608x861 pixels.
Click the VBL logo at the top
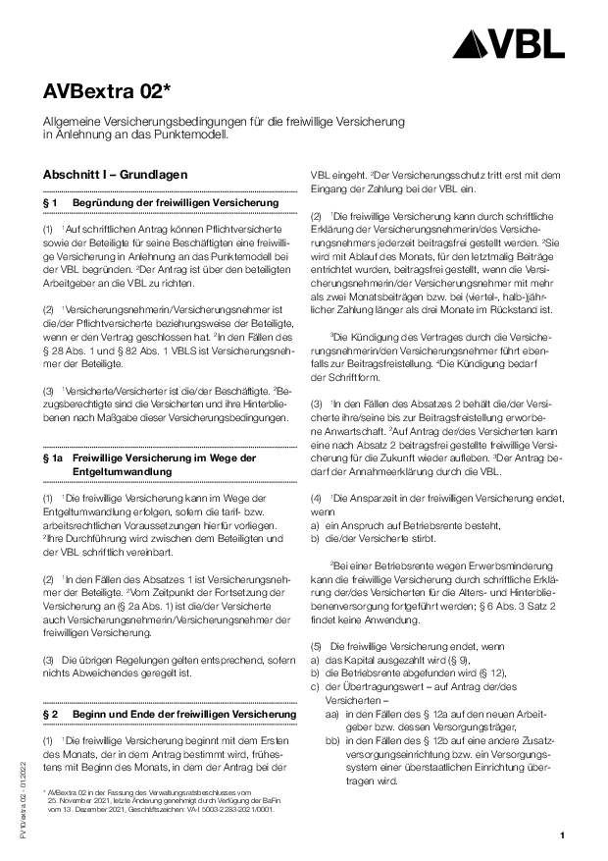click(514, 42)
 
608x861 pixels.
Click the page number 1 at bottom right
click(563, 835)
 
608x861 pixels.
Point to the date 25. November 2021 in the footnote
click(81, 797)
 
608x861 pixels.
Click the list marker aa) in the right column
click(331, 715)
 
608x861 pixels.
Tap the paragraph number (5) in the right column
click(316, 648)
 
